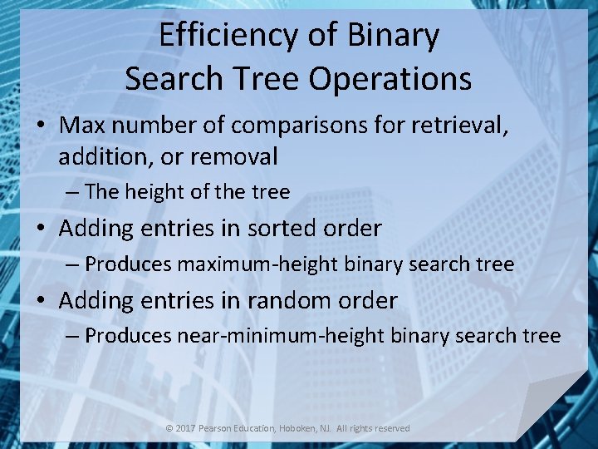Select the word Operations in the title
(x=391, y=79)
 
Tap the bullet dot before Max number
(x=41, y=126)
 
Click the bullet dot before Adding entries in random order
(x=41, y=301)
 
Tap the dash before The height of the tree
(x=73, y=192)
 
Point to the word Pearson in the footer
(x=219, y=428)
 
